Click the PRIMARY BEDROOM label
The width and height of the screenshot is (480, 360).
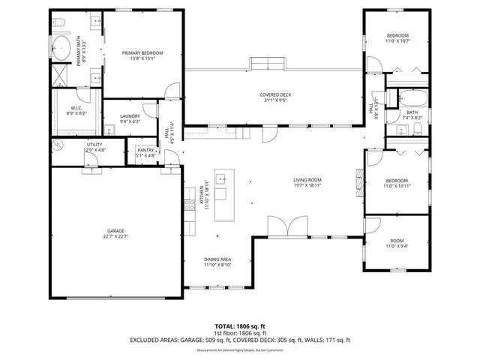tap(142, 52)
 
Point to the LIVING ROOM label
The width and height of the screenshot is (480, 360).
tap(307, 180)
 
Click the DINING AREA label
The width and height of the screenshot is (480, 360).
tap(217, 259)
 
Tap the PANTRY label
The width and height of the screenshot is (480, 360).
tap(145, 151)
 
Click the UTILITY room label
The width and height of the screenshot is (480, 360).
tap(94, 144)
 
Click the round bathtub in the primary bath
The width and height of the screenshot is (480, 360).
tap(61, 49)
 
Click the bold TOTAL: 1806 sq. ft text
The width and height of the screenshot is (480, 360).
tap(240, 326)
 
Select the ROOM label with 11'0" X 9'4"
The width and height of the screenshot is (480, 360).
tap(397, 241)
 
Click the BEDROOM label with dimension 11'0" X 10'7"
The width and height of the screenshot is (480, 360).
tap(397, 36)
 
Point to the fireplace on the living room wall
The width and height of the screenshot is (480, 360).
tap(360, 180)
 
